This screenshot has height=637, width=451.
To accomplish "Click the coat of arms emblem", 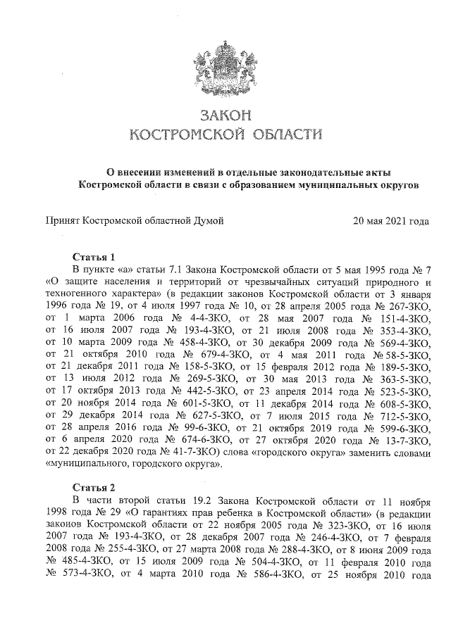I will tap(225, 63).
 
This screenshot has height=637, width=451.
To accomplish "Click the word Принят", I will tap(62, 221).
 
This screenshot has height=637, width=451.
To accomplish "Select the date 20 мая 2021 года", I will tap(390, 221).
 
